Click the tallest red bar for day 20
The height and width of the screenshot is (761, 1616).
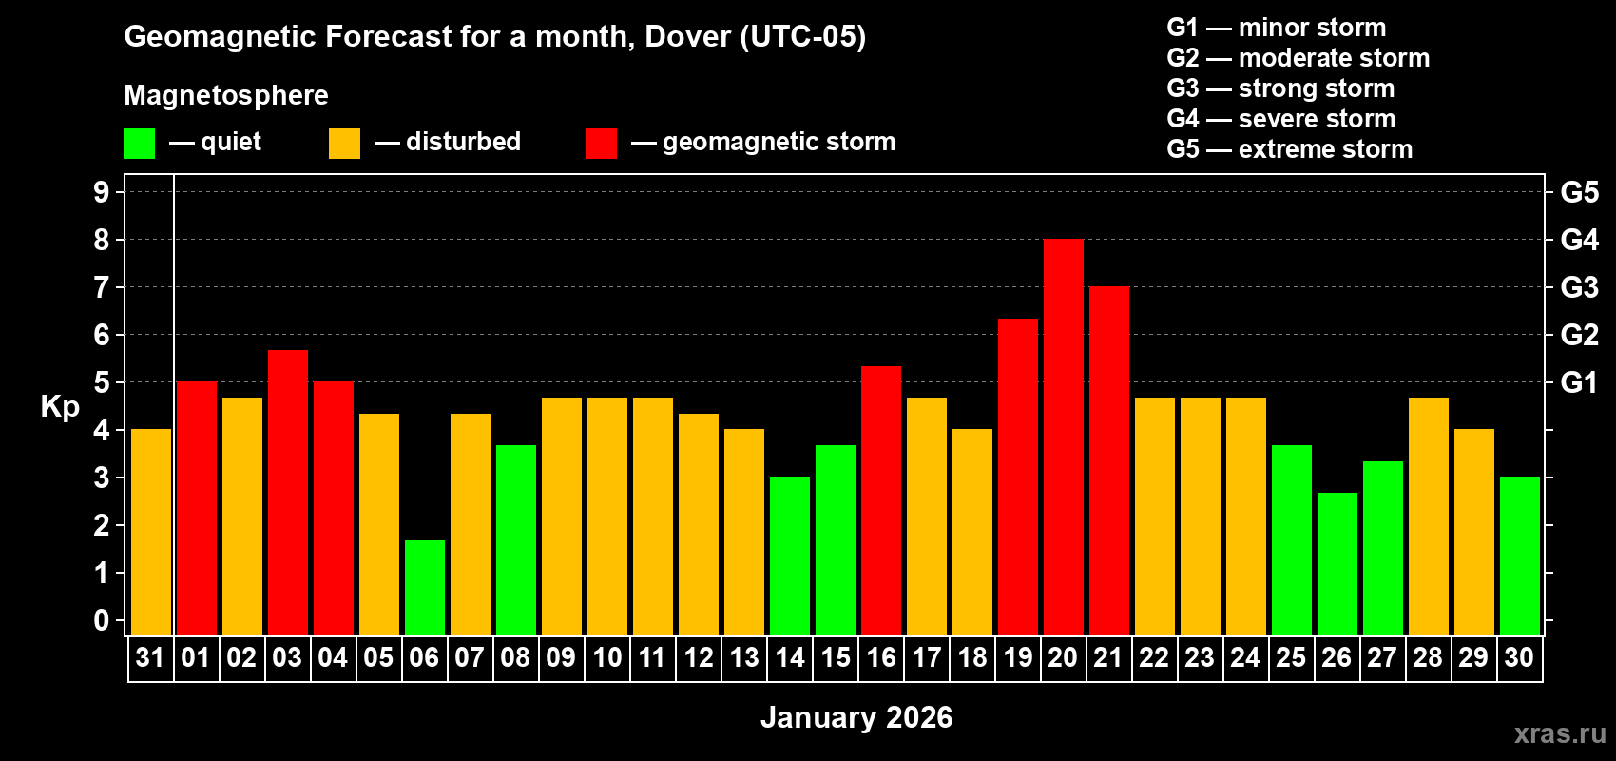point(1063,438)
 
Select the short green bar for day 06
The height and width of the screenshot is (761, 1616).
point(424,588)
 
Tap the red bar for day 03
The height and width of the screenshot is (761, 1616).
point(287,493)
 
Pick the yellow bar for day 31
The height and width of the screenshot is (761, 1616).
point(150,533)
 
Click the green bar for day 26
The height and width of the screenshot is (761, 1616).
point(1337,564)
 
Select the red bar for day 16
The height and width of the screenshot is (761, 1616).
point(880,500)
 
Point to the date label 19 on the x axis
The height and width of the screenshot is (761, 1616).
point(1017,658)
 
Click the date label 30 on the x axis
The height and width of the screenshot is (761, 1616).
point(1519,658)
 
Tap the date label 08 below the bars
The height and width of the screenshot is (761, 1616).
point(515,658)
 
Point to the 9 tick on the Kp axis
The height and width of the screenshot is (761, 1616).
point(102,192)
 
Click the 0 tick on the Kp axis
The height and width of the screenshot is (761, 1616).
point(102,620)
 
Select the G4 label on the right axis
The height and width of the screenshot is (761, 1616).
point(1579,240)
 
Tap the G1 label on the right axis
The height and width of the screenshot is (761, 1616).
point(1579,382)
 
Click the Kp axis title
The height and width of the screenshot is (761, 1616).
point(60,406)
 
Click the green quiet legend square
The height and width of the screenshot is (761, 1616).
point(139,144)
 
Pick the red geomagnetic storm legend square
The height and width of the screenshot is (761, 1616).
point(601,144)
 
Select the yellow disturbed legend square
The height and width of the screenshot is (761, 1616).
point(344,144)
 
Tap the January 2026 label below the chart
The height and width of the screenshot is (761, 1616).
point(856,717)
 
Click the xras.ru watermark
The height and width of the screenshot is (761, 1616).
point(1559,732)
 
